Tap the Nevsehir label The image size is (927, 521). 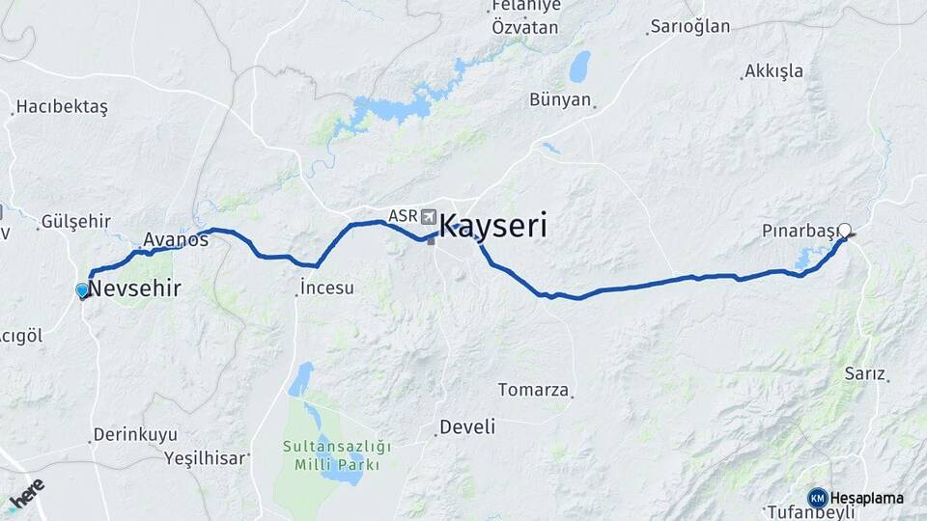tap(135, 288)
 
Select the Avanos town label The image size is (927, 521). tap(176, 238)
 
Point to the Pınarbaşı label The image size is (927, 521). tap(799, 232)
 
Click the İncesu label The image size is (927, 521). tap(327, 288)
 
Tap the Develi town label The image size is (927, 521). tap(466, 426)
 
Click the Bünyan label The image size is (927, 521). tap(560, 99)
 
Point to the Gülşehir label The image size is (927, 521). tap(75, 222)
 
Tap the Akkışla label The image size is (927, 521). tap(773, 72)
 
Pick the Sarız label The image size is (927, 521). tap(864, 373)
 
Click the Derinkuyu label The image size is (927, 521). tap(135, 435)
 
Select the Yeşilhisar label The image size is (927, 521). tap(205, 458)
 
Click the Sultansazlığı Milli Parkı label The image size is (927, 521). tap(337, 455)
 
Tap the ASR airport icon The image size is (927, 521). tap(428, 216)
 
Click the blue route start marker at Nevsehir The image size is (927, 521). tap(82, 290)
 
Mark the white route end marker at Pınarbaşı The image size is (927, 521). tap(845, 230)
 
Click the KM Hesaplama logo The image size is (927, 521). tap(857, 498)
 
